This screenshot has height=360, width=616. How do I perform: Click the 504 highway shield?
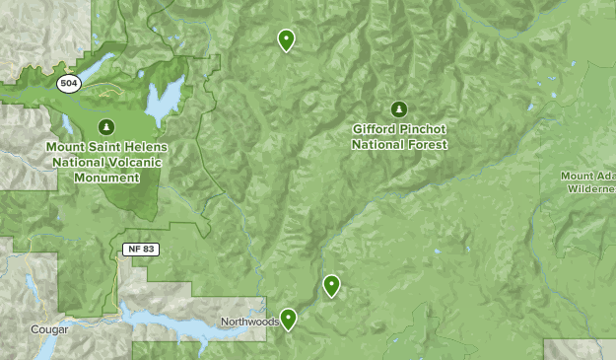point(68,84)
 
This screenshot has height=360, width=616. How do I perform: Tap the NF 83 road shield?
point(142,248)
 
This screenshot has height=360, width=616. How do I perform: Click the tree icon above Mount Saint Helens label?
point(106,126)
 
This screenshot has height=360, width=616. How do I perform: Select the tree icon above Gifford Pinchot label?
point(399,108)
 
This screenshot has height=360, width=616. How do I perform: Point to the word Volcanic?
point(141,163)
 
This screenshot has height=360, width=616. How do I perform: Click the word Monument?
point(106,178)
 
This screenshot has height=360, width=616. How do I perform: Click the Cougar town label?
point(48,329)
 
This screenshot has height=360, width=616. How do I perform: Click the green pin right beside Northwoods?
point(289,318)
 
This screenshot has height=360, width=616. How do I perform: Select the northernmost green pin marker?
point(286,39)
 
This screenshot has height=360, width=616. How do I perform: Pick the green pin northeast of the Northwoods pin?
point(332,285)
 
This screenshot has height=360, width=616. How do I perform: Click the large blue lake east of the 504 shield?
point(165,99)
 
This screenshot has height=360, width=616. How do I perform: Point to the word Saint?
point(102,147)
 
